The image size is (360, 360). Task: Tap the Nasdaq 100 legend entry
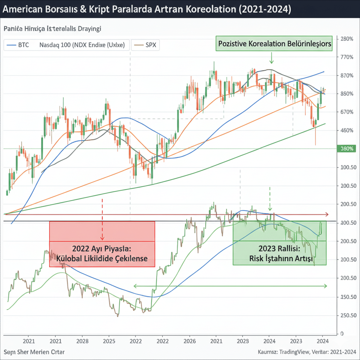tap(82, 45)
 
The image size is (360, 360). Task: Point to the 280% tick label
tap(347, 39)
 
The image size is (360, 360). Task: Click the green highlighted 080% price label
tap(347, 149)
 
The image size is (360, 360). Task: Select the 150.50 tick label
tap(347, 297)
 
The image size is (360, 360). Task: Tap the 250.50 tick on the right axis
tap(347, 315)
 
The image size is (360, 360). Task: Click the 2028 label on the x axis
tap(82, 341)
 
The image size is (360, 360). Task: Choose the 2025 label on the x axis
tap(109, 341)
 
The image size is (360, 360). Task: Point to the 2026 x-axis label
tap(189, 341)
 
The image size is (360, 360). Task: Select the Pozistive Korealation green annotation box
tap(275, 44)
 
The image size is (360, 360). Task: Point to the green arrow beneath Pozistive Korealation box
tap(271, 60)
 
